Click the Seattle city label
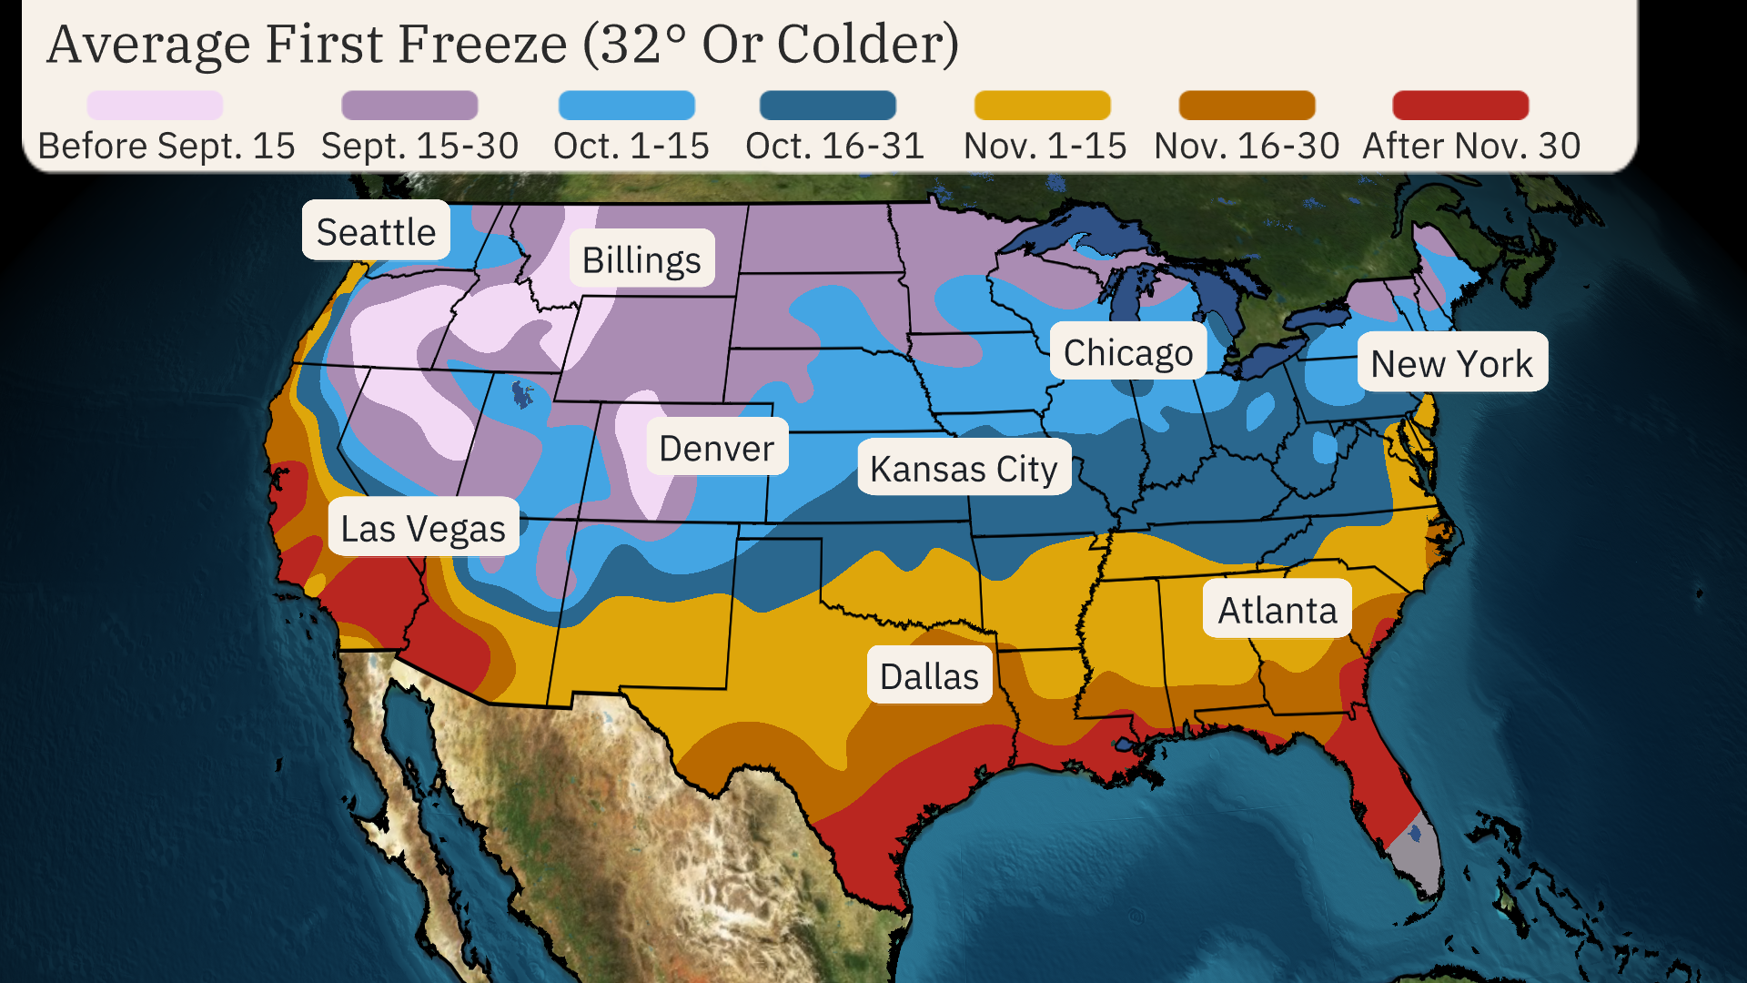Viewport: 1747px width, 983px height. coord(376,231)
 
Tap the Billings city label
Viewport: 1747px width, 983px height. coord(641,259)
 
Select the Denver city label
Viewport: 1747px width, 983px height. coord(716,448)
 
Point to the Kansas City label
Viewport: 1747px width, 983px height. coord(964,469)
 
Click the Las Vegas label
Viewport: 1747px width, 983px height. coord(423,528)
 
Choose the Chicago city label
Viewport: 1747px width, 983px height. coord(1127,352)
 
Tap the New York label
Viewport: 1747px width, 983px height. coord(1451,363)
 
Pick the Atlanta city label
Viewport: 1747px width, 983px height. coord(1277,610)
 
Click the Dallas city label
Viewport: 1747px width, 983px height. coord(929,676)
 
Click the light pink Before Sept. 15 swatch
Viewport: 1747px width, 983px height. coord(155,105)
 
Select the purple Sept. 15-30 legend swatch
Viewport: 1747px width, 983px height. coord(409,105)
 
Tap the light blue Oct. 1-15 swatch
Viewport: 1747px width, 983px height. coord(626,105)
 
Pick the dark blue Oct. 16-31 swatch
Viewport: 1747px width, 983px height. coord(827,105)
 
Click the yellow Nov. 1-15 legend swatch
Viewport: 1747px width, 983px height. coord(1042,105)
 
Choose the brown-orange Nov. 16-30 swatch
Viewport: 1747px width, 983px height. coord(1247,105)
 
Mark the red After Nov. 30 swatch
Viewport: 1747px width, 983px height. coord(1460,105)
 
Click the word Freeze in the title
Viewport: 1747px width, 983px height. coord(482,44)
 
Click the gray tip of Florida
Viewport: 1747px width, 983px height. coord(1419,860)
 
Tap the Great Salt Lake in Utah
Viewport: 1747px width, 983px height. coord(521,394)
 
